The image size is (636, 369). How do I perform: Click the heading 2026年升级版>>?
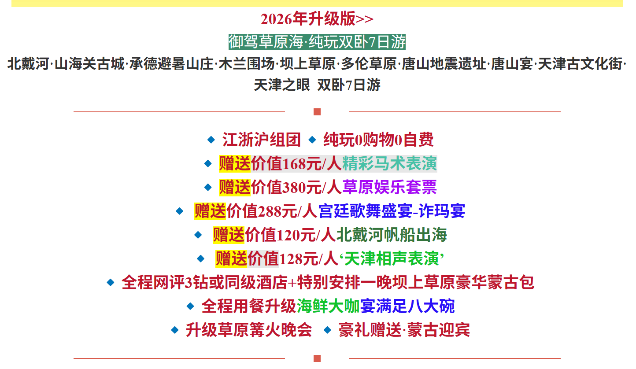(x=317, y=19)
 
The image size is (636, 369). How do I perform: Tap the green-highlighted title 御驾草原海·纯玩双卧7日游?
(x=317, y=42)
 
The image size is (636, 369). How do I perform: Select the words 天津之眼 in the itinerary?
(x=282, y=85)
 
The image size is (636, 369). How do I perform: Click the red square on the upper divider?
(x=317, y=112)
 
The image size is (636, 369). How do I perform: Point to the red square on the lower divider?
(x=317, y=358)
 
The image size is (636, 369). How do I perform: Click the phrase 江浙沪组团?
(x=261, y=140)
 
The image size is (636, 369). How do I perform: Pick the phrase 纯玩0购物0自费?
(x=378, y=140)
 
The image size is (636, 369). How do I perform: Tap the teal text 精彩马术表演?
(x=389, y=164)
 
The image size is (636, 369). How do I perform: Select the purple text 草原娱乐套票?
(x=389, y=188)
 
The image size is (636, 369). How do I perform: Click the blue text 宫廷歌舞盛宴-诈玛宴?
(x=392, y=211)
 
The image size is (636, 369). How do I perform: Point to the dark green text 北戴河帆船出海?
(x=392, y=235)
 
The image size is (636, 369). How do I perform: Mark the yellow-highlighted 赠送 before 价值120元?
(x=229, y=235)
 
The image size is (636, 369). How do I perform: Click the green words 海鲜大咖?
(x=328, y=306)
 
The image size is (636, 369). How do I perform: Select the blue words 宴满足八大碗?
(x=407, y=306)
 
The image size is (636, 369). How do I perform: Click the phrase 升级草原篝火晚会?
(x=249, y=330)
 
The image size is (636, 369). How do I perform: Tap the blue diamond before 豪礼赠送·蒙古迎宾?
(x=327, y=330)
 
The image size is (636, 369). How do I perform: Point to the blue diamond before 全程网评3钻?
(x=111, y=282)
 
